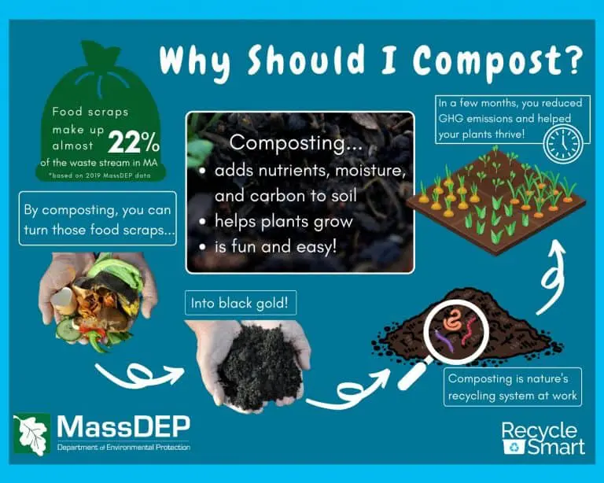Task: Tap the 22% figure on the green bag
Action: [x=134, y=142]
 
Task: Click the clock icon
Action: [x=563, y=144]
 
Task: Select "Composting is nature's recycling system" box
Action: [x=513, y=386]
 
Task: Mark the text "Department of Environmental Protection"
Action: [x=122, y=448]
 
